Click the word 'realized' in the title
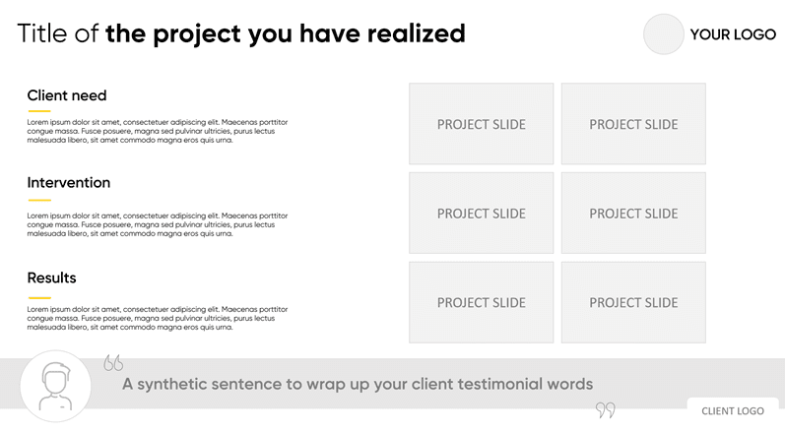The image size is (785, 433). [416, 33]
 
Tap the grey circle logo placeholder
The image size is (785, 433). [663, 34]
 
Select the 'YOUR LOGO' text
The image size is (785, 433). [733, 34]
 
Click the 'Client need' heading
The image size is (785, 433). [67, 95]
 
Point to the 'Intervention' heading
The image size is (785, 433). [69, 182]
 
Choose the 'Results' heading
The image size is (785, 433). [51, 278]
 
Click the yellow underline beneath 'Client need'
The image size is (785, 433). [39, 111]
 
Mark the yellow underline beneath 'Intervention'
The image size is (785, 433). [39, 200]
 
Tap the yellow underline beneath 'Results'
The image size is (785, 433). [39, 297]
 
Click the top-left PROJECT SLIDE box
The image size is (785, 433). [481, 123]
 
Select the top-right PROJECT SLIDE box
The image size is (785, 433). [633, 123]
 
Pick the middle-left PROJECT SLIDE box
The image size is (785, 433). [481, 213]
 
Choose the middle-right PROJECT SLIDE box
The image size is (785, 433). [633, 213]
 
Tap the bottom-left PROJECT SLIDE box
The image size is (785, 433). [481, 302]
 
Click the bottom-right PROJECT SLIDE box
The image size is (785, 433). [633, 302]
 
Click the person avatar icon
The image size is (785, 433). [55, 386]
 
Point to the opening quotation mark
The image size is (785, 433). [113, 362]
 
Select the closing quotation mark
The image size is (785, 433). [606, 410]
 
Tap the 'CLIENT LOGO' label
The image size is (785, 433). [733, 411]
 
